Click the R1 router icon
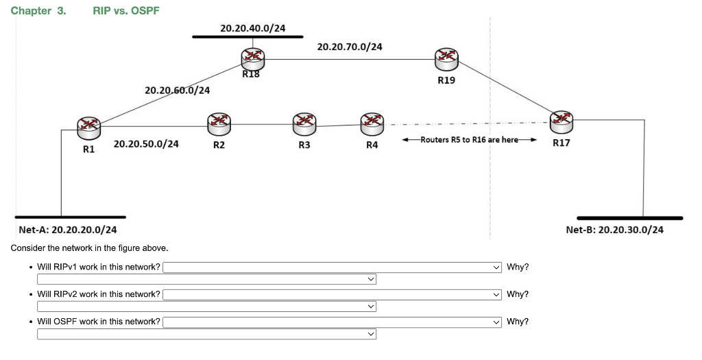tap(88, 124)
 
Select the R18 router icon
tap(252, 57)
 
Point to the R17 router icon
tap(561, 119)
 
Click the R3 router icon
tap(304, 123)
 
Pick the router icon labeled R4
tap(372, 123)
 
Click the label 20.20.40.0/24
tap(253, 28)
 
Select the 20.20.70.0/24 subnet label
tap(350, 47)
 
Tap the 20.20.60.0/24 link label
tap(178, 91)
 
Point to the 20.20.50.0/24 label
tap(146, 144)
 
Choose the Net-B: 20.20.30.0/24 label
tap(614, 230)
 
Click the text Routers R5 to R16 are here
tap(469, 139)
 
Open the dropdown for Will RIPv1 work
tap(332, 267)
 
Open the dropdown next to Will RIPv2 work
tap(332, 294)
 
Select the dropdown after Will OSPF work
tap(332, 322)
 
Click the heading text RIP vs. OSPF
tap(126, 11)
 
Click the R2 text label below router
tap(219, 145)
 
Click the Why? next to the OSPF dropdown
tap(518, 322)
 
